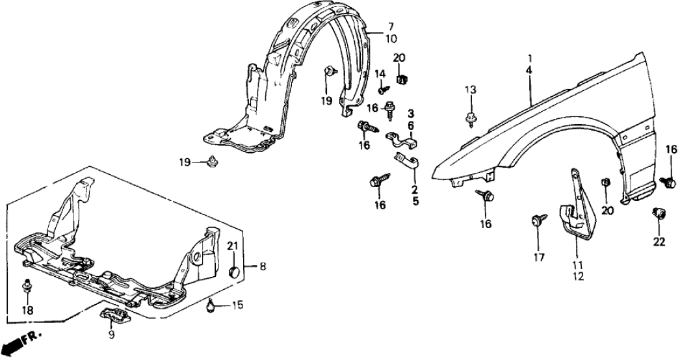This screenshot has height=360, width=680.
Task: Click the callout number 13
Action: [x=471, y=90]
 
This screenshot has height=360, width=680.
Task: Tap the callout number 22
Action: [x=659, y=242]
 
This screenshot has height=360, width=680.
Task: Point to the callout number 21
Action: [x=233, y=245]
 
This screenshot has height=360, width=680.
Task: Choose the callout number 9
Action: [x=111, y=335]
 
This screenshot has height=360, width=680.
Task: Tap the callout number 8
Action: [x=262, y=266]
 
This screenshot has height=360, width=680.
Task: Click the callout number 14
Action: [x=380, y=73]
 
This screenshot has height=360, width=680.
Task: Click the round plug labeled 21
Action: [x=235, y=269]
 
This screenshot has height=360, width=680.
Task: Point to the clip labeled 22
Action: [x=658, y=213]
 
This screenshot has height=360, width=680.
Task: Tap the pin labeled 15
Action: [x=212, y=302]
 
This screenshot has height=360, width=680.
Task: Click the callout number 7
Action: [x=391, y=27]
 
